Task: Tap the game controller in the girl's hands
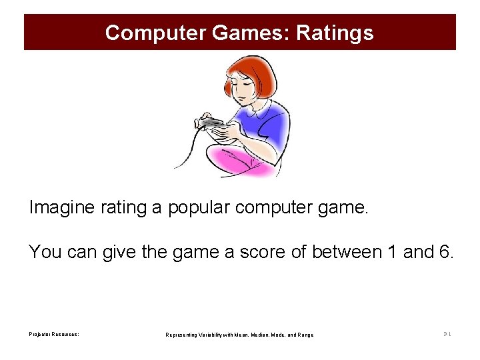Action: [x=212, y=122]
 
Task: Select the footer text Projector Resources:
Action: [x=54, y=334]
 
